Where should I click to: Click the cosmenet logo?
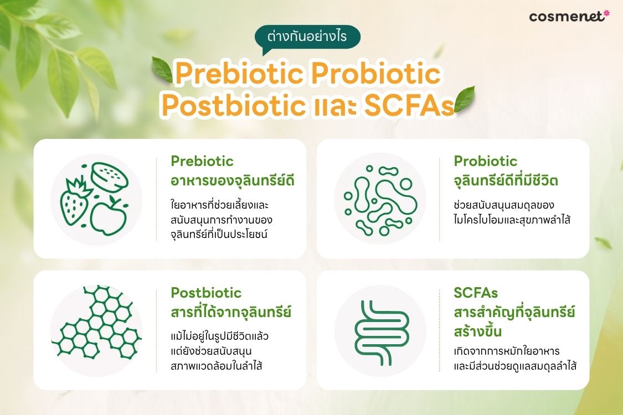coord(569,16)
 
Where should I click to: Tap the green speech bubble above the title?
coord(307,37)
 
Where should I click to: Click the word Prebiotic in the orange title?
coord(240,74)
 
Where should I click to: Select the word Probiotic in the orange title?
coord(376,74)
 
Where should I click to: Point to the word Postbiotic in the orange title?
coord(233,105)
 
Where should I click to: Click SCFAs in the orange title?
coord(409,105)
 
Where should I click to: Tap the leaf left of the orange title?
coord(162,70)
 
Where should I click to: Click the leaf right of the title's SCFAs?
coord(464,99)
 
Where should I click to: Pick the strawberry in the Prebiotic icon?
coord(76,201)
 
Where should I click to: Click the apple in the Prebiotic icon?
coord(109,216)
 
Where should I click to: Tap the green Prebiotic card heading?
coord(202,161)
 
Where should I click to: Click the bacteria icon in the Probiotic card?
coord(380,200)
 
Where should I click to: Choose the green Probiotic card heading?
coord(486,161)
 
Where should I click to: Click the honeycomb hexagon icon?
coord(96,321)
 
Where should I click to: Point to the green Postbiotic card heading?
coord(206,293)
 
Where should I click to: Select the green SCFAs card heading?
coord(476,293)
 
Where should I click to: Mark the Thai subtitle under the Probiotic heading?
coord(506,181)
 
